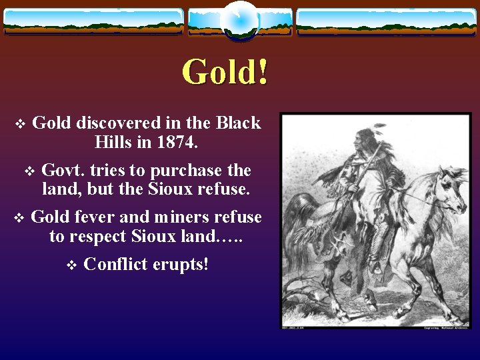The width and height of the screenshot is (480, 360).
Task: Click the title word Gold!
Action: (225, 72)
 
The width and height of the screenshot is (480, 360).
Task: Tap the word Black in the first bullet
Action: (238, 123)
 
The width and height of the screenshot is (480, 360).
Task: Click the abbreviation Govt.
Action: (62, 171)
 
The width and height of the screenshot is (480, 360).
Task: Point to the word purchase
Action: (189, 171)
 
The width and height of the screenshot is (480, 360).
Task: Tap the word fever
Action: (95, 217)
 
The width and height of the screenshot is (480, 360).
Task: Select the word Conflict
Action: (116, 264)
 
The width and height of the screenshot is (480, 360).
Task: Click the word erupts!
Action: (181, 264)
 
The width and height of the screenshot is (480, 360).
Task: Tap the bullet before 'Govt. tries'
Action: (29, 171)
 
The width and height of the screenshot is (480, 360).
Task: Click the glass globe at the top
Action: (239, 21)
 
